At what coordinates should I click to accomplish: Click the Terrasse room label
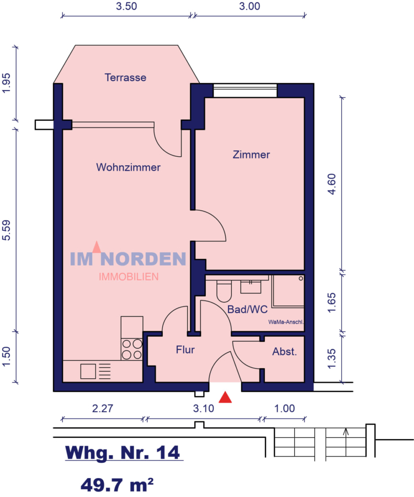[125, 78]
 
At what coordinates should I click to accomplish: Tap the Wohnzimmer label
[128, 167]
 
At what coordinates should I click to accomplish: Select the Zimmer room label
[251, 155]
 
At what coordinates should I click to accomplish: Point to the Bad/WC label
[247, 310]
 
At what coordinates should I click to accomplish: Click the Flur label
[185, 350]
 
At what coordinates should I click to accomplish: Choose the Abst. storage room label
[285, 352]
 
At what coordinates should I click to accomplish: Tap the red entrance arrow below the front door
[226, 396]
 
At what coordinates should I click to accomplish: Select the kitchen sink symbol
[88, 371]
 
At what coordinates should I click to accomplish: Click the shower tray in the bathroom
[288, 293]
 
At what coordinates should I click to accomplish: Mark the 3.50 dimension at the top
[126, 7]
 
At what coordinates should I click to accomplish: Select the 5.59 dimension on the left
[7, 229]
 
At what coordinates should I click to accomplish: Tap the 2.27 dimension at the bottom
[103, 409]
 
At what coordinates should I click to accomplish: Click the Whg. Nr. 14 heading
[123, 453]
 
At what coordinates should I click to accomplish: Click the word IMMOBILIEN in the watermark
[129, 277]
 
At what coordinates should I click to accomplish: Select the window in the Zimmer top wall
[245, 91]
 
